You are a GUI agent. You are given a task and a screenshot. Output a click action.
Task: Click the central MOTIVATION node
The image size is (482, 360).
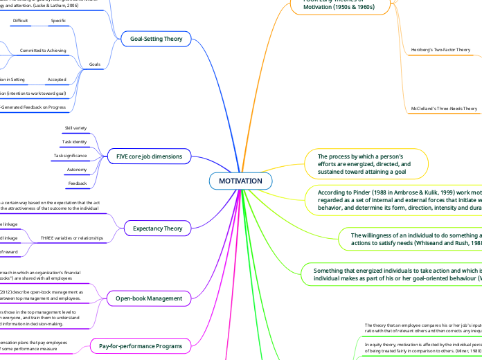pyautogui.click(x=240, y=181)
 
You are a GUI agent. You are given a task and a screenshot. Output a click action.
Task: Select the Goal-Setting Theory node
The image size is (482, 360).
pyautogui.click(x=156, y=39)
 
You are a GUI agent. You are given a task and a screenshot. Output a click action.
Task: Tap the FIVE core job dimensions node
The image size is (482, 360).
pyautogui.click(x=144, y=156)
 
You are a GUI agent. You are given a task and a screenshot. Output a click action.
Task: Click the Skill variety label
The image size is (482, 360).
pyautogui.click(x=76, y=128)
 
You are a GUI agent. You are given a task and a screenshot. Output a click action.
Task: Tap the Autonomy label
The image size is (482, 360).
pyautogui.click(x=76, y=170)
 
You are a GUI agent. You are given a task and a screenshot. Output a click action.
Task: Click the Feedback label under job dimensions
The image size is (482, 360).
pyautogui.click(x=77, y=184)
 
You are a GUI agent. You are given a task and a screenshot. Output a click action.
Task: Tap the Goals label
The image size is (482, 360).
pyautogui.click(x=95, y=64)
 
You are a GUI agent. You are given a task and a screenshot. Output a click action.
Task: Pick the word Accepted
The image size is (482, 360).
pyautogui.click(x=57, y=80)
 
